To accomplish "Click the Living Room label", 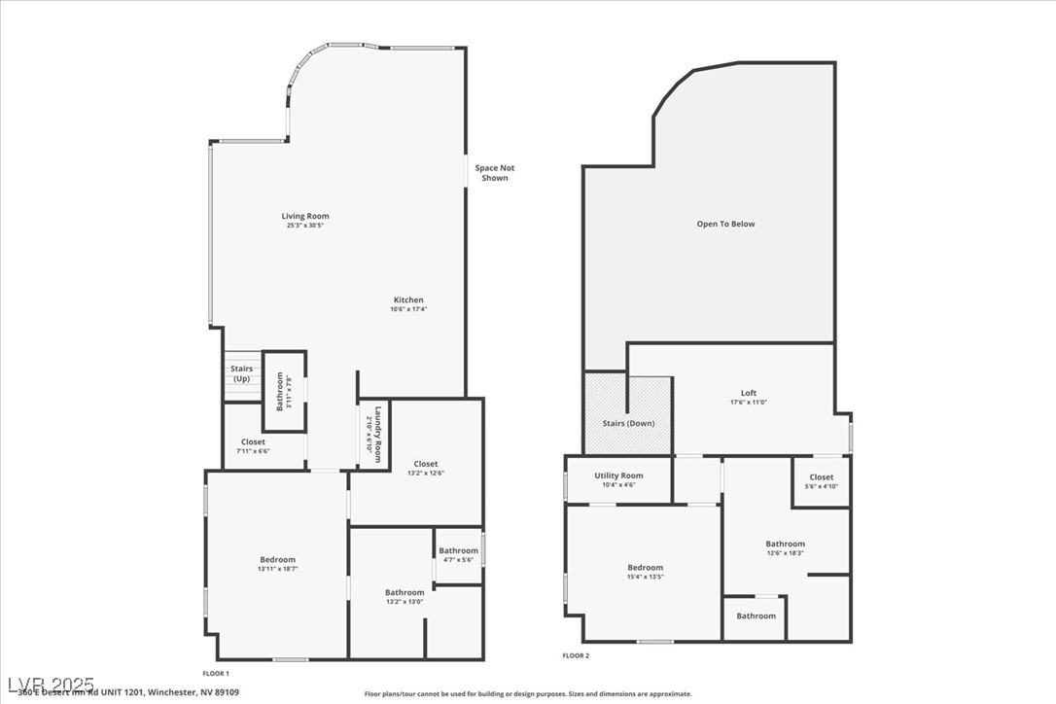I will point(305,216).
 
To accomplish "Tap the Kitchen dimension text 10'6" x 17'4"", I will point(408,309).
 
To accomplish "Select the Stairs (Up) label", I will point(241,373).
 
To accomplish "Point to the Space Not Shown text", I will point(494,173).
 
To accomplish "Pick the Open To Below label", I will point(725,224).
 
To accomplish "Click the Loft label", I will point(748,393).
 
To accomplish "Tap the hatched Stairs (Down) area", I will point(627,423).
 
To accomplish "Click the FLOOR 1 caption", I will point(215,673).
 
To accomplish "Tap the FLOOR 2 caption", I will point(576,655).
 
